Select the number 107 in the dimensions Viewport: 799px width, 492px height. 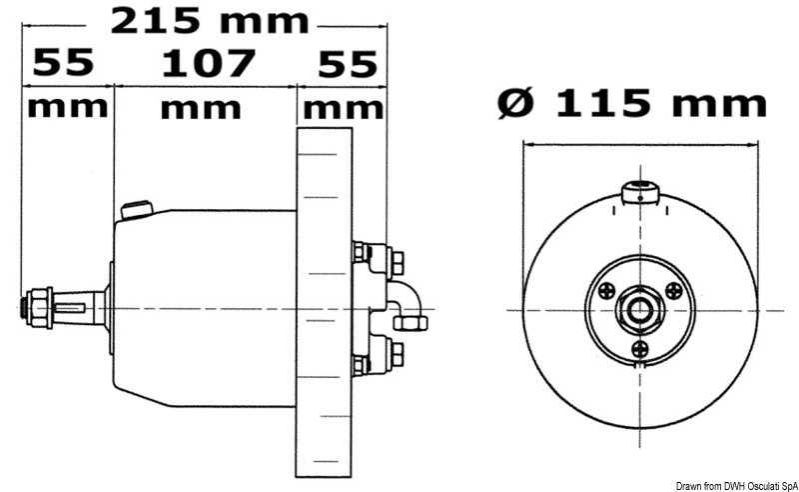[x=208, y=64]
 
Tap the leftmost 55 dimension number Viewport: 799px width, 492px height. [x=63, y=64]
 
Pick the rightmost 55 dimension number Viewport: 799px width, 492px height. [x=347, y=64]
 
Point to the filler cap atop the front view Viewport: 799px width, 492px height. [x=637, y=192]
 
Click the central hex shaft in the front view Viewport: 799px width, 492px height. [x=638, y=309]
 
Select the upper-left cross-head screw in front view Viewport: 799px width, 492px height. [x=605, y=291]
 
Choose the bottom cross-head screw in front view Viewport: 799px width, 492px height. [x=640, y=348]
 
